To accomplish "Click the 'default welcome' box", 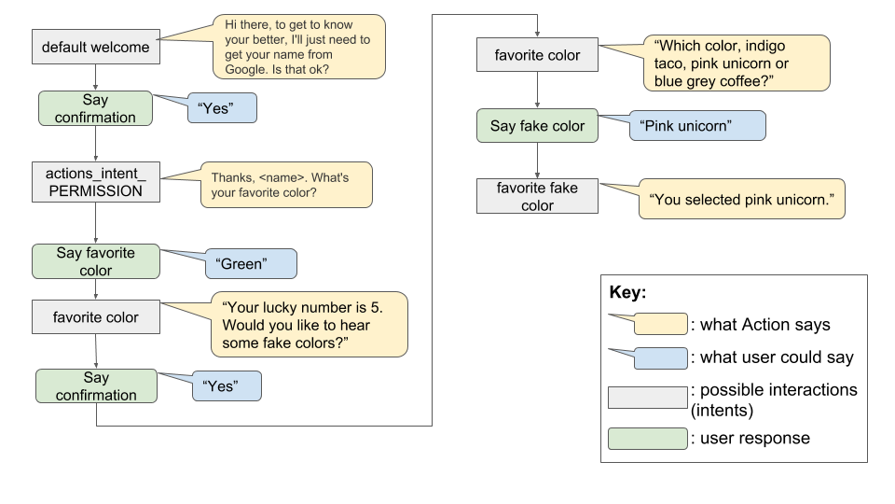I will tap(95, 48).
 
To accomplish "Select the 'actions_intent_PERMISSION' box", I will tap(95, 182).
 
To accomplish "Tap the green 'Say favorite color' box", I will tap(95, 262).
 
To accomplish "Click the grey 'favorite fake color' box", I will tap(537, 196).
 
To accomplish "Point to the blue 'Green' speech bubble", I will tap(249, 264).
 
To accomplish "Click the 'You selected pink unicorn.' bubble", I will tap(741, 199).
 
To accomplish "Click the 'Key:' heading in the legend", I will tap(627, 291).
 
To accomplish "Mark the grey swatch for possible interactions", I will tap(647, 398).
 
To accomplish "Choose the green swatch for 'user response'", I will tap(647, 439).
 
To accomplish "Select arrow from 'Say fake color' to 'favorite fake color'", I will tap(537, 160).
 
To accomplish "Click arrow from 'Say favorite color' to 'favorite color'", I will tap(95, 289).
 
